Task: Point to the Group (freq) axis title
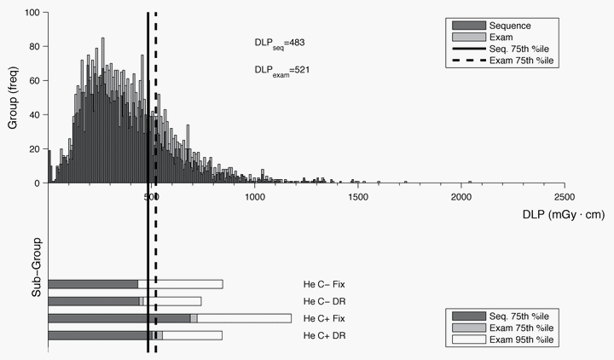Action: point(14,99)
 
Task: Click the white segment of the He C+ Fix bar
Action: point(244,318)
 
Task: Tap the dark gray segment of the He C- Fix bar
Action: point(93,284)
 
